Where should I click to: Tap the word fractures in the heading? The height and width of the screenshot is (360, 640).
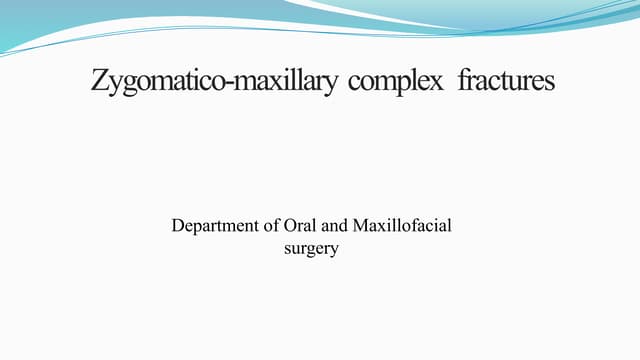click(x=506, y=80)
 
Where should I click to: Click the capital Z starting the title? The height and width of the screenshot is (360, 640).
click(x=100, y=80)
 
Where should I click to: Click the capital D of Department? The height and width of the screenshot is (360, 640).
click(x=179, y=226)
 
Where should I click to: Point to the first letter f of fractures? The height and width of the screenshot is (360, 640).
click(x=463, y=80)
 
